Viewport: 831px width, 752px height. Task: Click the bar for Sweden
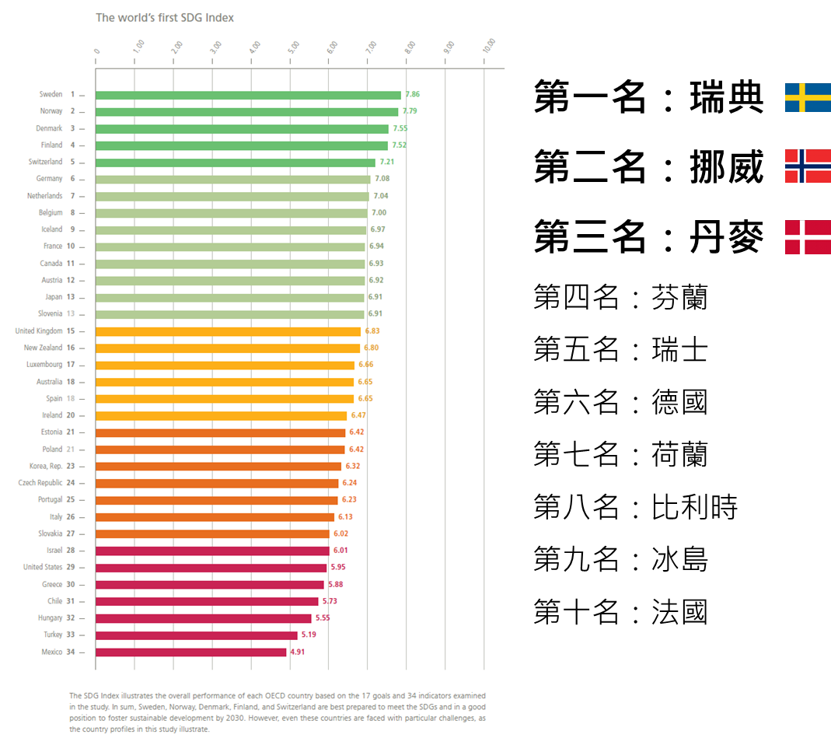point(248,95)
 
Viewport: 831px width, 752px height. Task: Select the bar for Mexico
point(191,652)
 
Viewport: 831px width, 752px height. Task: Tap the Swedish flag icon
point(808,98)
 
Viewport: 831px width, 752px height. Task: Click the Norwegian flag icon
point(808,166)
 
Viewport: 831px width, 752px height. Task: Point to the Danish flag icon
point(808,237)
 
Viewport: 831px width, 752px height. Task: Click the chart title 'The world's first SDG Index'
point(165,17)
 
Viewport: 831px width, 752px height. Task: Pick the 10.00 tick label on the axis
point(488,46)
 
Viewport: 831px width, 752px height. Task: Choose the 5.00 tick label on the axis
point(293,46)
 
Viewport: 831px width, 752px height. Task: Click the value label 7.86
point(412,95)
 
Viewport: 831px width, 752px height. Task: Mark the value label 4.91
point(298,652)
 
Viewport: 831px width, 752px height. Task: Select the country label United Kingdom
point(39,331)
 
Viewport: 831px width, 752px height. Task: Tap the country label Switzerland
point(45,162)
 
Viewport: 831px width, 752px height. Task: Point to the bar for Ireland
point(221,416)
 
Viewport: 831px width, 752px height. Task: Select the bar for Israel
point(212,551)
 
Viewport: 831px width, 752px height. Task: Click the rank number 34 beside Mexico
point(71,652)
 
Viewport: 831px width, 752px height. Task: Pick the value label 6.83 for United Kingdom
point(372,331)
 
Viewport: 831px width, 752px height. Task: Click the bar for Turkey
point(197,635)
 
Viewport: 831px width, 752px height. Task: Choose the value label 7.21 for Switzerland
point(387,163)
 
